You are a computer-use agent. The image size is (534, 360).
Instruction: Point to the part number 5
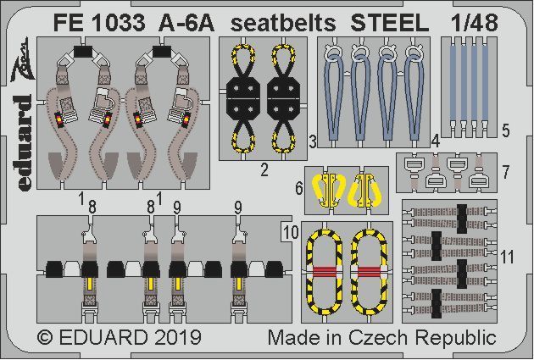pos(505,131)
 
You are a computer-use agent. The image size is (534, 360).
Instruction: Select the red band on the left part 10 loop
pos(323,273)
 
